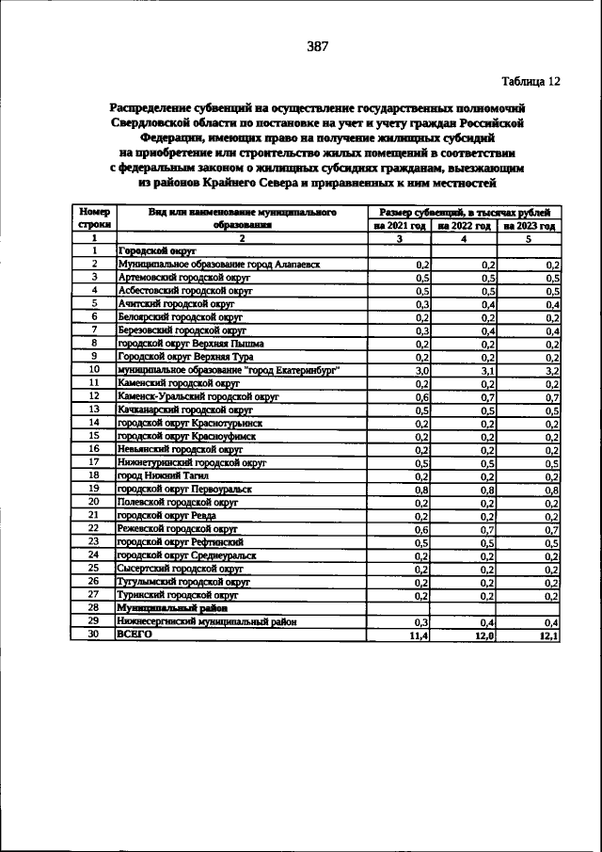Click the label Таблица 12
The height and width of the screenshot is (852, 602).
(x=530, y=81)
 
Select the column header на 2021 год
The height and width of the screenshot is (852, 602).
(x=400, y=226)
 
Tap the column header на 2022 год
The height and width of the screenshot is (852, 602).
(x=465, y=226)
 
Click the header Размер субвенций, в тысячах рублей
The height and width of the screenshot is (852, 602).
(x=465, y=213)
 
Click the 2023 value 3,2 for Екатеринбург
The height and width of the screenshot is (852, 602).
(x=553, y=371)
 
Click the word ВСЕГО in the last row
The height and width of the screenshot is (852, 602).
(x=134, y=635)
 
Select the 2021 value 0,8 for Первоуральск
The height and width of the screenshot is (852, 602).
(x=423, y=490)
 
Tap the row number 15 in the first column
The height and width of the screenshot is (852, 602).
(x=94, y=436)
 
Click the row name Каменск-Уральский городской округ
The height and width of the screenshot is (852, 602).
(x=198, y=397)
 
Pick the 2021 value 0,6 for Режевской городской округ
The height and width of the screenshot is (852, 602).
(x=423, y=529)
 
